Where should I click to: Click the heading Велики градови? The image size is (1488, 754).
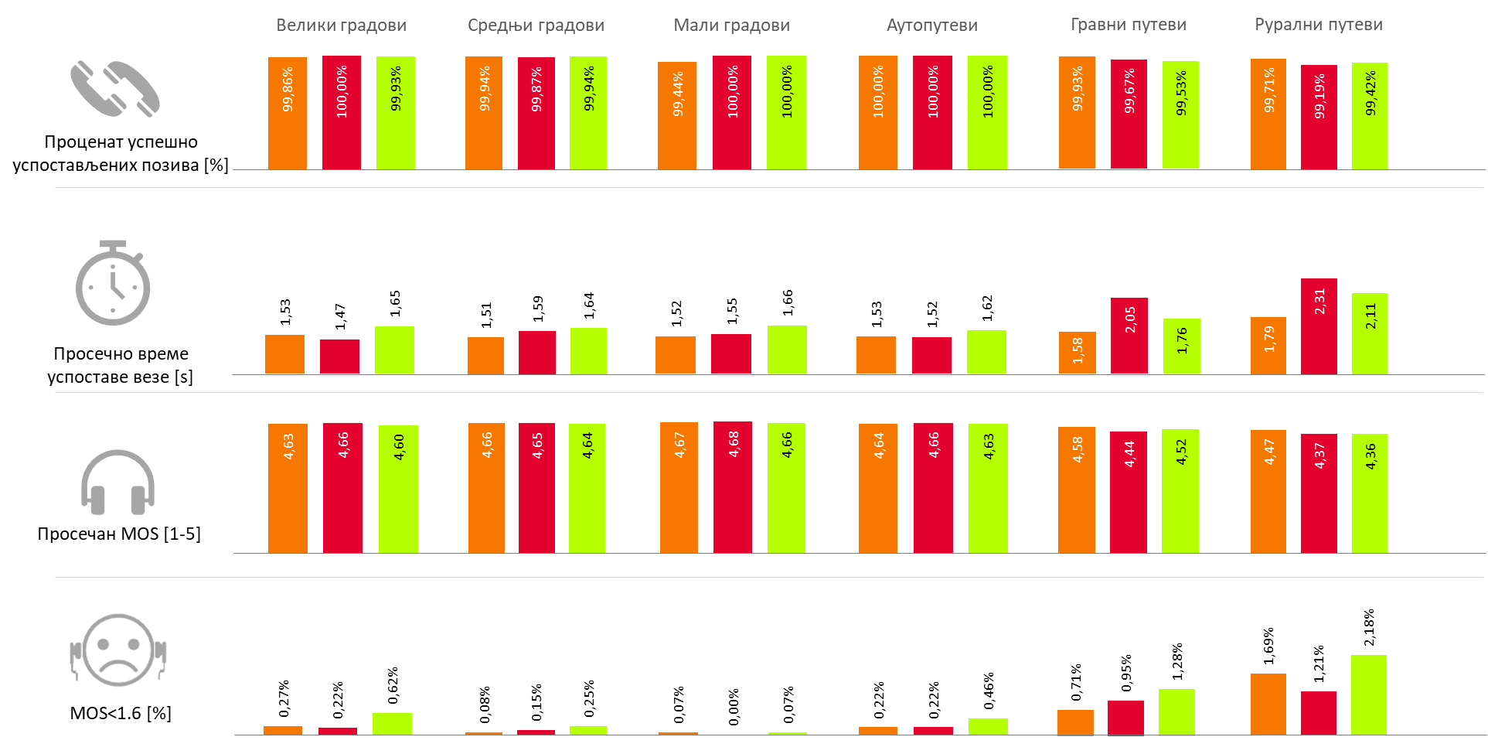click(341, 26)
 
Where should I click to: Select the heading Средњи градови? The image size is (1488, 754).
click(536, 26)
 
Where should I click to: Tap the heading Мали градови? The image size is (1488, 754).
click(731, 26)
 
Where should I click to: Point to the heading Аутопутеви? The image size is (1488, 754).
click(931, 26)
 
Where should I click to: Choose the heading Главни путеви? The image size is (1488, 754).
click(1128, 25)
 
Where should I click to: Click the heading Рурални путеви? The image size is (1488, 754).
click(1318, 25)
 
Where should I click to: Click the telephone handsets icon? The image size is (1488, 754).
click(114, 89)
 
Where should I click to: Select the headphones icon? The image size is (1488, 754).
click(117, 482)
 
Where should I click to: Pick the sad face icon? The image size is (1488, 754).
click(119, 651)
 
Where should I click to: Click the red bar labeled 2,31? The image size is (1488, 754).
click(1319, 326)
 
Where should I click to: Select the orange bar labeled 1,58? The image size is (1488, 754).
click(1077, 353)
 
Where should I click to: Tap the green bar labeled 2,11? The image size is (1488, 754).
click(1369, 333)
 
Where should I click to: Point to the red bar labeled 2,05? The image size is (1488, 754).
click(1129, 336)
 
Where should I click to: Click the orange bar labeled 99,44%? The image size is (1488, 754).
click(676, 116)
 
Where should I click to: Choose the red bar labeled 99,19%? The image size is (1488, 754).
click(1319, 118)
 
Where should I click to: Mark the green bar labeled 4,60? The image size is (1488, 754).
click(398, 489)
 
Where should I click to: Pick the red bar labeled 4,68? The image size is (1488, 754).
click(732, 487)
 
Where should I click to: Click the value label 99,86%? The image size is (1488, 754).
click(288, 90)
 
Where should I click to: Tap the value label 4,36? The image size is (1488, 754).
click(1370, 456)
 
